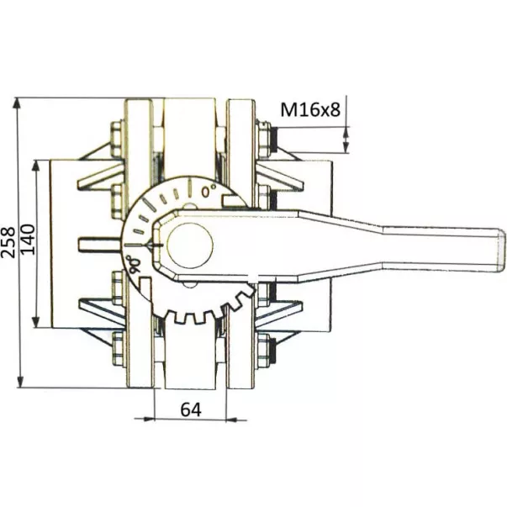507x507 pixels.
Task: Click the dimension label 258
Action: (x=8, y=242)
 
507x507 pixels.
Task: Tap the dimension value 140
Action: (x=28, y=240)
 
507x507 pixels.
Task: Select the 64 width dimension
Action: (x=191, y=409)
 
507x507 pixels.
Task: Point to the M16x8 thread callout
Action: (x=310, y=109)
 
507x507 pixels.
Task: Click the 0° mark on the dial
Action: (x=209, y=191)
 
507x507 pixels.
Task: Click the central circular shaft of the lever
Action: (x=190, y=245)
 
